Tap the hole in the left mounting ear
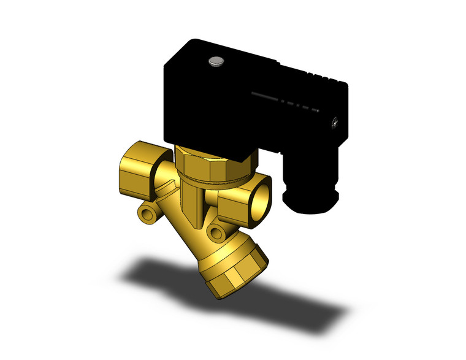point(146,213)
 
